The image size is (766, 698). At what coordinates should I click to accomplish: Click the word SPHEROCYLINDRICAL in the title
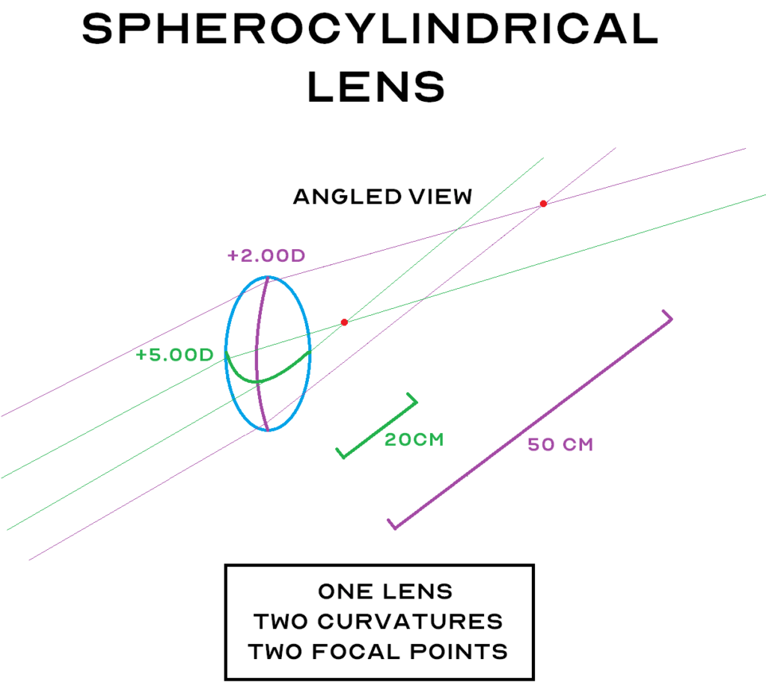370,31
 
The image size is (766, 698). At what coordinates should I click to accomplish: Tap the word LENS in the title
376,87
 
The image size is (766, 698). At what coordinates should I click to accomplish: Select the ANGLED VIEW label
382,197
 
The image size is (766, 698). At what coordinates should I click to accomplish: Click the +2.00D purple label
266,256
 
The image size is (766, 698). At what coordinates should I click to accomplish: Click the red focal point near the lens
344,322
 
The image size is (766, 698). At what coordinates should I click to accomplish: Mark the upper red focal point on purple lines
544,203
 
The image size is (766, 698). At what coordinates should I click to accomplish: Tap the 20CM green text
414,440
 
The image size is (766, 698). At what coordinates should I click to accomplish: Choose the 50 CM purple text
560,444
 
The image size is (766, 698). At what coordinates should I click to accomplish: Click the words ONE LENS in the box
385,592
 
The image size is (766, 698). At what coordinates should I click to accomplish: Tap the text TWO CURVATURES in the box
378,622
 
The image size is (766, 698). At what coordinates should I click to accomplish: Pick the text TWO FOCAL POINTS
378,652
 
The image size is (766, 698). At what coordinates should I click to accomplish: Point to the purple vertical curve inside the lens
257,337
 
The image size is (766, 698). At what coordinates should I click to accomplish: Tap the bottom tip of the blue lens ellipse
268,430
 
